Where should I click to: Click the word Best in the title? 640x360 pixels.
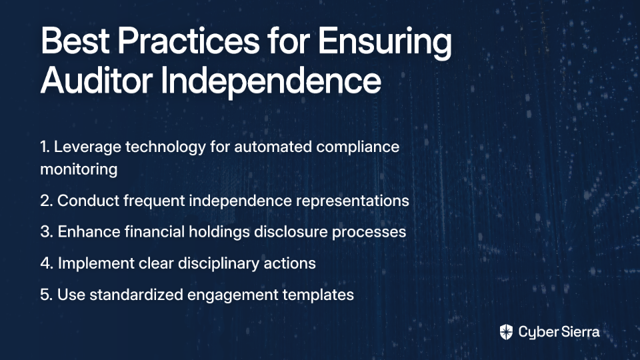(x=75, y=41)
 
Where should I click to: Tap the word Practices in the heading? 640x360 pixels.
(x=189, y=41)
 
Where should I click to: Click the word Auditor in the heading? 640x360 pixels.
(x=96, y=80)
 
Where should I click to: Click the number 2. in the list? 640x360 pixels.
(x=47, y=201)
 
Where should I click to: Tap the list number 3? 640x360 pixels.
(x=47, y=232)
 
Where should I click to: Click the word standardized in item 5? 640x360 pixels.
(x=136, y=295)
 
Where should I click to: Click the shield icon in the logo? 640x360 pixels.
(x=506, y=332)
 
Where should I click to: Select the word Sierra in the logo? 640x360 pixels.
(x=579, y=332)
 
